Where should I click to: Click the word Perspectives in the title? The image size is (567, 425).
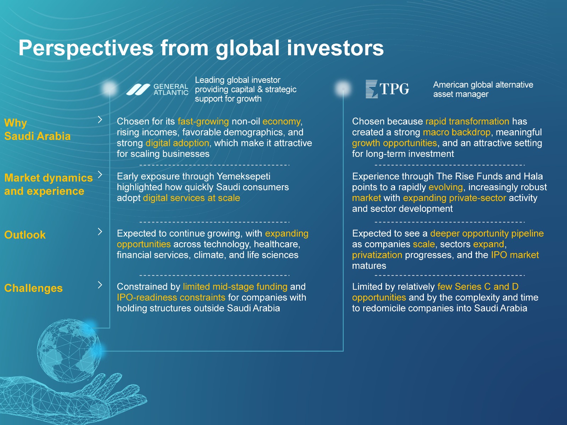click(x=86, y=48)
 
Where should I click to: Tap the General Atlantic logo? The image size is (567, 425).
click(x=157, y=90)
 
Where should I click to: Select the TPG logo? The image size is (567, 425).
click(x=387, y=89)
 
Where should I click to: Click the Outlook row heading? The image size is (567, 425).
click(x=25, y=235)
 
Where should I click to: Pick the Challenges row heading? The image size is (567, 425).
click(x=34, y=288)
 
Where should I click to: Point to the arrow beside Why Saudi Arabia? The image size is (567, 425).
click(x=100, y=119)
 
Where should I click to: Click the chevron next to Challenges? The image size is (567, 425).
click(x=100, y=285)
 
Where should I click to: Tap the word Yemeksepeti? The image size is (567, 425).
click(x=243, y=176)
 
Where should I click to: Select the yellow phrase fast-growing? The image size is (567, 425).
click(x=203, y=121)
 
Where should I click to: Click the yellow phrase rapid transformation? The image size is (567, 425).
click(x=467, y=121)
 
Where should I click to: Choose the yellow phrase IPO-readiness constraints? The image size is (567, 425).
click(x=171, y=297)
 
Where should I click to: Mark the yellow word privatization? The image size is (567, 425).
click(x=377, y=255)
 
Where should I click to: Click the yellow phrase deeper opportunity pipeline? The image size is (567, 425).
click(x=487, y=233)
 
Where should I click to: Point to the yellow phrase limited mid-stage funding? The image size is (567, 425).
click(x=235, y=287)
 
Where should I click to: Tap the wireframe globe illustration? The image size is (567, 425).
click(x=69, y=350)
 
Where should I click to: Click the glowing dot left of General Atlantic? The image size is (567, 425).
click(x=110, y=89)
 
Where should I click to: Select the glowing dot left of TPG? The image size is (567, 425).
click(x=343, y=89)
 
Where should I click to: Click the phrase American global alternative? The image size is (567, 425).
click(x=483, y=85)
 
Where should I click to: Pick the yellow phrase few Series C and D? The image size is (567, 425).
click(x=478, y=287)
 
